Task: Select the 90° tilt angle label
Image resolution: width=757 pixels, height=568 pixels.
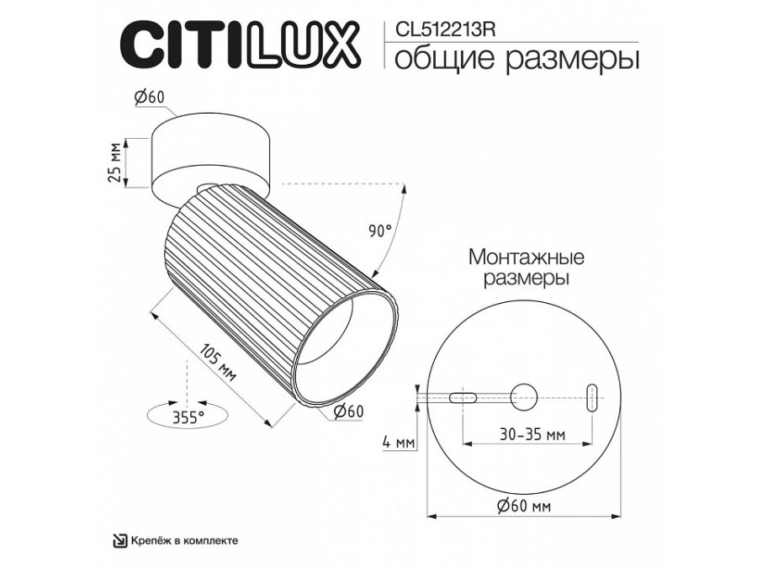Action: click(x=380, y=230)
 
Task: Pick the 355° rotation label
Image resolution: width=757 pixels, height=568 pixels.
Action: click(x=187, y=417)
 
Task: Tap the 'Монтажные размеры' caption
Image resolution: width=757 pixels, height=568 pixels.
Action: click(x=527, y=266)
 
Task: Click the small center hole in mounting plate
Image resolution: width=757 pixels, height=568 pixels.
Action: click(x=526, y=395)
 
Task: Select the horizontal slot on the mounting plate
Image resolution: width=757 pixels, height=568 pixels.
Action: click(x=463, y=396)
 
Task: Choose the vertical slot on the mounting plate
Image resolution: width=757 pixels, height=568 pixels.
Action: click(x=592, y=395)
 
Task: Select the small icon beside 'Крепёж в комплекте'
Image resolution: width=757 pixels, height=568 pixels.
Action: click(x=120, y=540)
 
